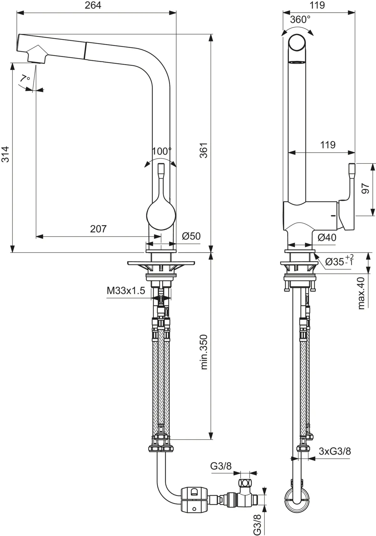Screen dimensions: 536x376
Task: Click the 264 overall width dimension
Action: (x=93, y=6)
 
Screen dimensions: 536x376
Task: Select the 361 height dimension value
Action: (x=204, y=150)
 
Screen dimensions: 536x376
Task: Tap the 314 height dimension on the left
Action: (x=5, y=154)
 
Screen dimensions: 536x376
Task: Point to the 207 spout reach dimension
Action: (x=98, y=229)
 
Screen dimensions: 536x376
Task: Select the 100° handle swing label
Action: (x=161, y=151)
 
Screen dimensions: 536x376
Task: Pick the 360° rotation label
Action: (x=300, y=20)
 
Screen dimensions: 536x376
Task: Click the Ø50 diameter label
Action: (x=191, y=236)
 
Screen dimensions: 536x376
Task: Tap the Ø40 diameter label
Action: (x=326, y=238)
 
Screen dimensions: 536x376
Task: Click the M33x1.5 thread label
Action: (x=126, y=291)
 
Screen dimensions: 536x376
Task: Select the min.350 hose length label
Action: (x=204, y=352)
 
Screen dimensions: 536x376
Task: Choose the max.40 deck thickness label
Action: (x=361, y=293)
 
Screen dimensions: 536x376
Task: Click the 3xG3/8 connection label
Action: (x=335, y=451)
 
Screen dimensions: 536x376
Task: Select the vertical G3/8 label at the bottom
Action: (x=257, y=523)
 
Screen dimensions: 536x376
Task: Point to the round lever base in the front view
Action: (x=161, y=216)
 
